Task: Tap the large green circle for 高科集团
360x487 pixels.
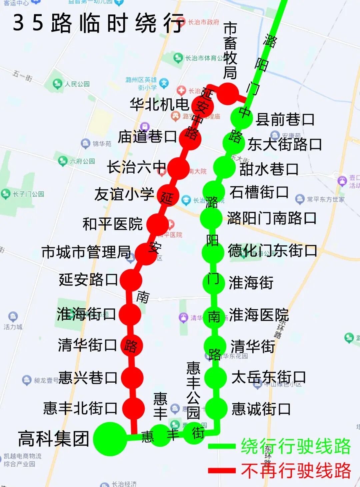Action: (110, 439)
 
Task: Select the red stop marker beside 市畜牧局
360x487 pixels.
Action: (228, 93)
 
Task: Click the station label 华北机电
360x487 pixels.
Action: (159, 105)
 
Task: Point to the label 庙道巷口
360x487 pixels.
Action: (147, 137)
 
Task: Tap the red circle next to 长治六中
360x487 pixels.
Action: (178, 168)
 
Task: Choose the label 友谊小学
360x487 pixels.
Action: (124, 194)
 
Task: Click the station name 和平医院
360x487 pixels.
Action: (113, 224)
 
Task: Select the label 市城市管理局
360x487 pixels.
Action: (86, 252)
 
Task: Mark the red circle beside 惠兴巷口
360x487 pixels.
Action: (132, 378)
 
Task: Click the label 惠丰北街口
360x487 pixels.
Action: (80, 408)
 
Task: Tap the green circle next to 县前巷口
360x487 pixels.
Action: (242, 117)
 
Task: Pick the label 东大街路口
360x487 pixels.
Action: (284, 144)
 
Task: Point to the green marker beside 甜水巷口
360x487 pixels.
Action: (224, 167)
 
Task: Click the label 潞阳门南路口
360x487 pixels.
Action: (272, 218)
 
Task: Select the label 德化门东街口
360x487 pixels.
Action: (272, 251)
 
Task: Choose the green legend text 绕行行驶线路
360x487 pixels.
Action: (296, 446)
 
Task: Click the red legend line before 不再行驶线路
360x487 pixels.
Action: (222, 471)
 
